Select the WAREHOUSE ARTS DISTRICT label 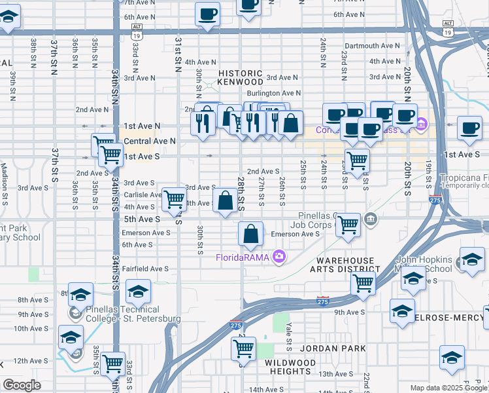coord(348,265)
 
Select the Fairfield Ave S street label coord(145,269)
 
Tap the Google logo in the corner coord(22,385)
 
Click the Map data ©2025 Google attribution coord(448,388)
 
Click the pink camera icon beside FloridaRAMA coord(280,256)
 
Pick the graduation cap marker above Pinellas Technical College coord(138,291)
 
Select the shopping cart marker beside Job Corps coord(348,225)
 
